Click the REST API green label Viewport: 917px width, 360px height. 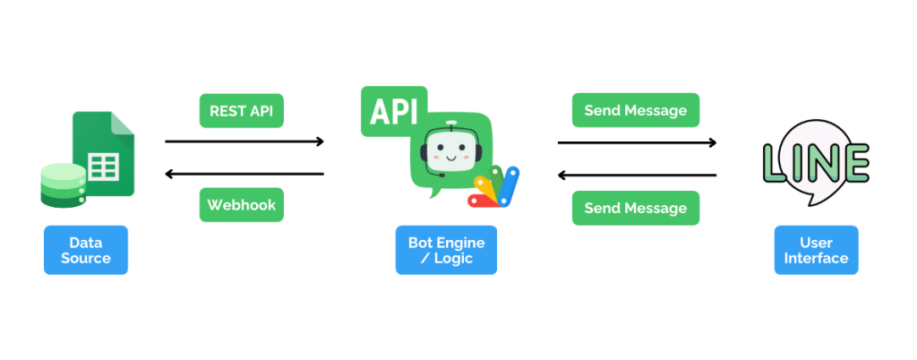(x=242, y=111)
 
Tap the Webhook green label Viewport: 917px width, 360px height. (x=242, y=205)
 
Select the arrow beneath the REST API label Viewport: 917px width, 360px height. (x=244, y=141)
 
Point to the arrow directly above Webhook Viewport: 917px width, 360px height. (x=244, y=174)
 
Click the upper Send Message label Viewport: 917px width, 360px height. (x=636, y=111)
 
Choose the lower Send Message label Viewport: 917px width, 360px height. (x=636, y=208)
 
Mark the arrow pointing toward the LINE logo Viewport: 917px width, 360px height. (x=637, y=141)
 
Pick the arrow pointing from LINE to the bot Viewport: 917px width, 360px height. (x=637, y=175)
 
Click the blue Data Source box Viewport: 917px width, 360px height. (x=86, y=250)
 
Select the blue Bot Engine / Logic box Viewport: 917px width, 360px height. (x=446, y=250)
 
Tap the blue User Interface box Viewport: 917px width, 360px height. (x=816, y=250)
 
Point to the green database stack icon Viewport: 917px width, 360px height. (x=63, y=184)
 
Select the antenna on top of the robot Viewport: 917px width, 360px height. (x=451, y=124)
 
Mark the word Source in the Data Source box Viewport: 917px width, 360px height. (x=86, y=259)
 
